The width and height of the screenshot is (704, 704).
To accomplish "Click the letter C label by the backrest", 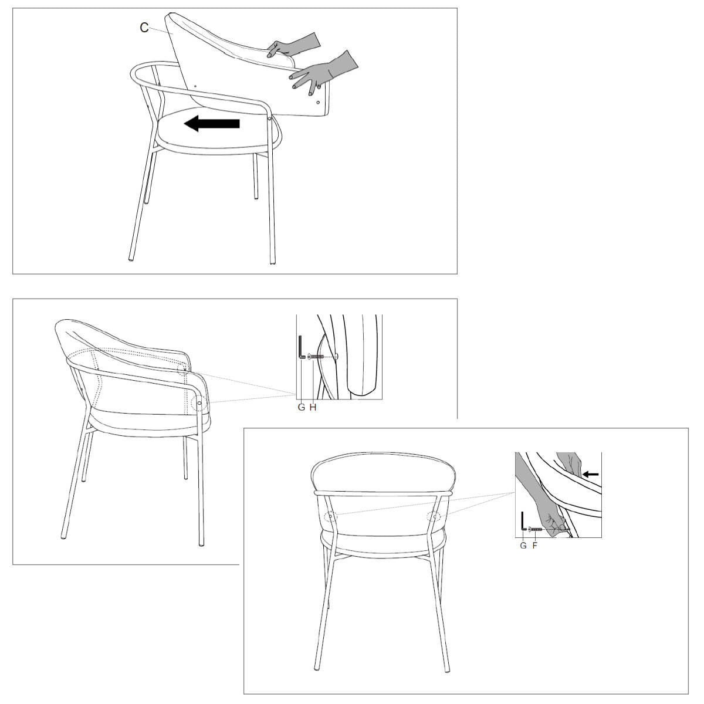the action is tap(144, 28).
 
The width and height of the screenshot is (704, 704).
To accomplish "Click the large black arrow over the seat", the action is tap(212, 123).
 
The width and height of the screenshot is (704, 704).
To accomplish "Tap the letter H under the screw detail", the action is tap(313, 407).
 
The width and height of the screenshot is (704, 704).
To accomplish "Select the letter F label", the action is tap(535, 546).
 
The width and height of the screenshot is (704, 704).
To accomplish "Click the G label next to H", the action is tap(302, 407).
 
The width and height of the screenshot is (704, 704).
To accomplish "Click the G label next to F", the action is tap(523, 546).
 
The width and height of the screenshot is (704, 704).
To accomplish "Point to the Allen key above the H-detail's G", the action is tap(302, 348).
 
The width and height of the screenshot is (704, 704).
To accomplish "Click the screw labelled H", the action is tap(316, 356).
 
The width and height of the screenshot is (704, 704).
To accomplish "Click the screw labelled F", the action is tap(535, 529).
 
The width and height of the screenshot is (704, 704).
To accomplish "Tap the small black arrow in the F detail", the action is tap(591, 475).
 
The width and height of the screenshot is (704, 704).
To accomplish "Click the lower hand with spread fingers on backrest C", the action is tap(323, 71).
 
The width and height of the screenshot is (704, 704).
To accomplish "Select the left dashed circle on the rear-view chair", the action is tap(331, 517).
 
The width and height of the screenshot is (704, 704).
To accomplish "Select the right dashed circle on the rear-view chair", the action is tap(434, 517).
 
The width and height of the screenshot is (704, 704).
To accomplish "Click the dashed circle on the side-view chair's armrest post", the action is tap(199, 402).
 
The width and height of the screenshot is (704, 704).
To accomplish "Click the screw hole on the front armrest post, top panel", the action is tap(269, 119).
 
